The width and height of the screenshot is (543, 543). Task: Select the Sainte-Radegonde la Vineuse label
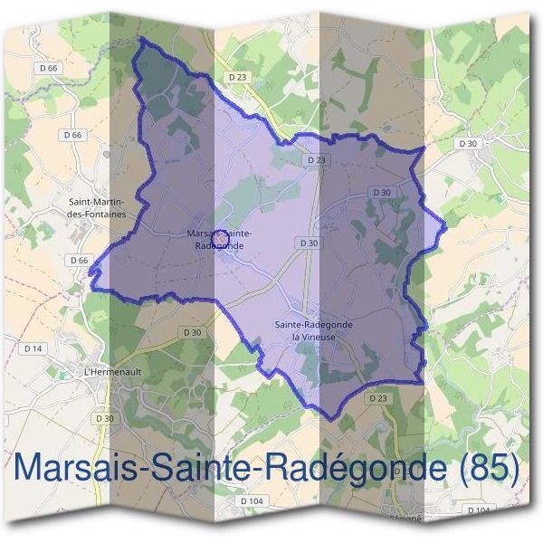[x=313, y=330]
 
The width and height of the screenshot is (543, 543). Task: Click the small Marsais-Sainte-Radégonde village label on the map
[x=218, y=239]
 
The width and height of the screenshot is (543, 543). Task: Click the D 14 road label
[x=33, y=348]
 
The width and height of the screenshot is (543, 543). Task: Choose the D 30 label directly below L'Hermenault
[x=105, y=418]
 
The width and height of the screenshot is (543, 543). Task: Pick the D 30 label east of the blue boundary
[x=468, y=144]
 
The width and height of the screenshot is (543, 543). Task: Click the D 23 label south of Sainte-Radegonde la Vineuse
[x=377, y=398]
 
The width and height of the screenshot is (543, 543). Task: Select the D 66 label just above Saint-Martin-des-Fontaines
[x=73, y=135]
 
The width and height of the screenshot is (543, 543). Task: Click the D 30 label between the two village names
[x=308, y=243]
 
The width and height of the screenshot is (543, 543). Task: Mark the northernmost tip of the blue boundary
[x=142, y=39]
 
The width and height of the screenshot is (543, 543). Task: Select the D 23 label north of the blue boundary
[x=237, y=77]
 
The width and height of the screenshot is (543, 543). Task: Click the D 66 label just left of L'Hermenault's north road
[x=79, y=261]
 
